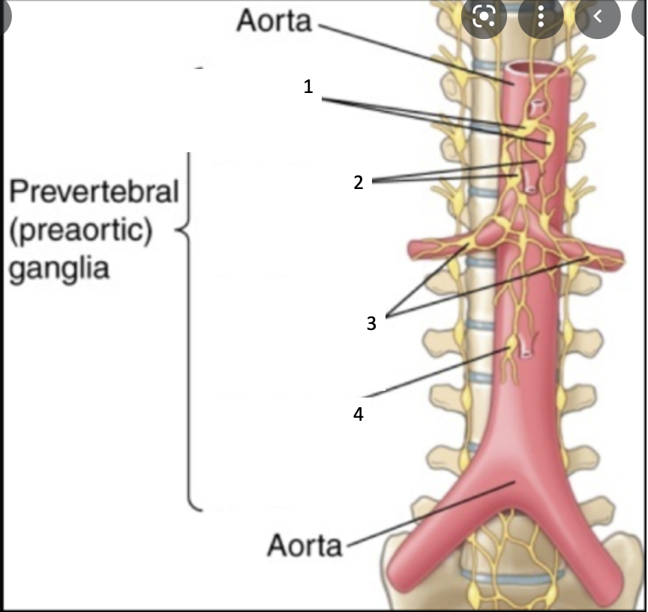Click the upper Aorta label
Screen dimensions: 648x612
pos(274,20)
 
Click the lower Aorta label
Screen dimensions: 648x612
pos(304,544)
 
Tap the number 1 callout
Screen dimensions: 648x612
pos(308,87)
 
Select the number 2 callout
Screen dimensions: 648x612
pos(358,181)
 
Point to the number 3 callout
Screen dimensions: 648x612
pos(371,324)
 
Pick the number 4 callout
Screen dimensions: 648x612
pos(358,413)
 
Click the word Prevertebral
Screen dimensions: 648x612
pos(94,191)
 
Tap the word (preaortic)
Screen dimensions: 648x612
pos(80,229)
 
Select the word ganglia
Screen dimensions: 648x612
pos(59,267)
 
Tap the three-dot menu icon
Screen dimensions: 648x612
pos(541,16)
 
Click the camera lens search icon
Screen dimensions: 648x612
pos(484,16)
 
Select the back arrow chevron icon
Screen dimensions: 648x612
pos(598,16)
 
